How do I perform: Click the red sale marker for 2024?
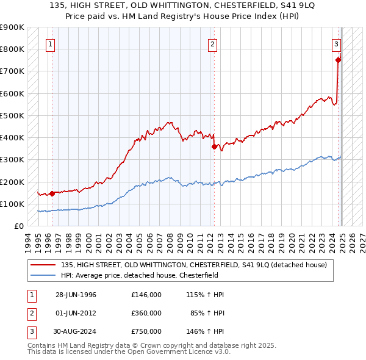(338, 60)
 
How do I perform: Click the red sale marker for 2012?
(214, 146)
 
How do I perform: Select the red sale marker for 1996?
(52, 193)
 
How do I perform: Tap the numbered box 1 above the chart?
(49, 44)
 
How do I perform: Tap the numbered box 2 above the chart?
(212, 44)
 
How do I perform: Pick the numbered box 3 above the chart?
(336, 44)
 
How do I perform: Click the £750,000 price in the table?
(146, 331)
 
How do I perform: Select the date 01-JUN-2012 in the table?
(76, 313)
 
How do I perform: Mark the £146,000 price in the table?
(146, 295)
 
